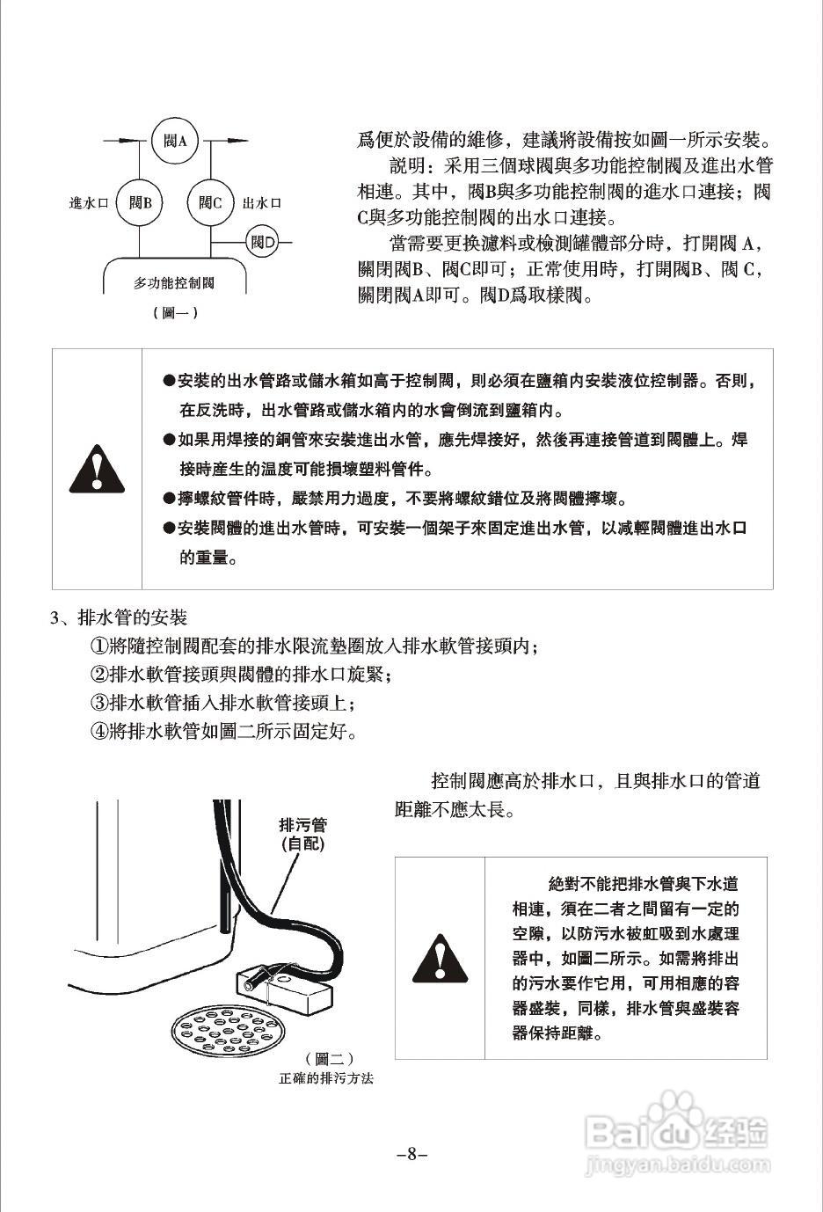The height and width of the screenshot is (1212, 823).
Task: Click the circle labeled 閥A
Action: [175, 141]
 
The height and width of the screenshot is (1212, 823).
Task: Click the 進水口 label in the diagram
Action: [88, 203]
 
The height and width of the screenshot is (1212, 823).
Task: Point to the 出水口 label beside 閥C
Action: [261, 203]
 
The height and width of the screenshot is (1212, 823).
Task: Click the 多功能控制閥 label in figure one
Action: [174, 283]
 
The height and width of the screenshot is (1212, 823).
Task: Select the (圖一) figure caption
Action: [175, 312]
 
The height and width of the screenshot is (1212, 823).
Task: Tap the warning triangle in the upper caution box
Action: [98, 470]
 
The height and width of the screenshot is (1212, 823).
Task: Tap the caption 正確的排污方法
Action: [326, 1078]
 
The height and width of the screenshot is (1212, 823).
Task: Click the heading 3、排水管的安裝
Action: [119, 617]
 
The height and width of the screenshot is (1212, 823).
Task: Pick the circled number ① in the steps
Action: [99, 646]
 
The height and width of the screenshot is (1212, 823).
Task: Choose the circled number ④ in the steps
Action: [99, 731]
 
